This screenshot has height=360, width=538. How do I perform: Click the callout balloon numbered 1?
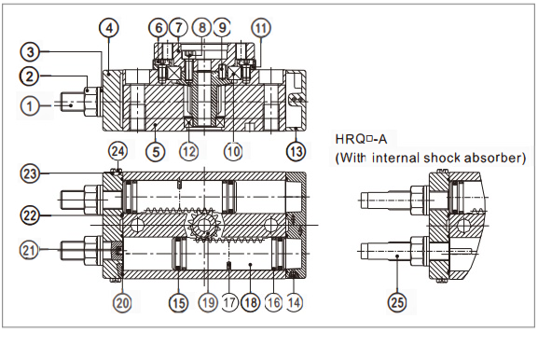tap(30, 105)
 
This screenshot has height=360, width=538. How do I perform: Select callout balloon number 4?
tap(109, 27)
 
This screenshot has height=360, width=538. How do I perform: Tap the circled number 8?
tap(201, 27)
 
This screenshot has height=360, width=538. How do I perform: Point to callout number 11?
tap(261, 27)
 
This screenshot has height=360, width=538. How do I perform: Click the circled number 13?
tap(297, 151)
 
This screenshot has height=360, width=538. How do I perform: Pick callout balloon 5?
tap(156, 151)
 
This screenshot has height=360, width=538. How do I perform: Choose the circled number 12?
tap(189, 151)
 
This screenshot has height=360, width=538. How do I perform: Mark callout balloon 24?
tap(118, 151)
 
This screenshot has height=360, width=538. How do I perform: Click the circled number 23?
tap(30, 173)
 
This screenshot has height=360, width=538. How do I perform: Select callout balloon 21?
tap(29, 250)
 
